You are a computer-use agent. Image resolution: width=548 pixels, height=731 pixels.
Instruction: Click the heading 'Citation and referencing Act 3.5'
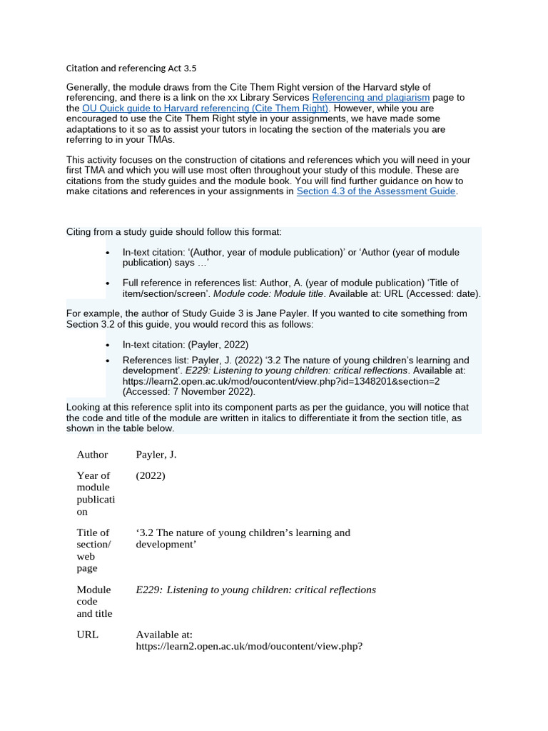(131, 69)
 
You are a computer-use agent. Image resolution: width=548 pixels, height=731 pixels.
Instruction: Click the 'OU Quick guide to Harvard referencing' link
(205, 108)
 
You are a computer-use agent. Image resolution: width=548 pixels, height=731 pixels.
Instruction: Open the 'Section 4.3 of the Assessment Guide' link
(375, 191)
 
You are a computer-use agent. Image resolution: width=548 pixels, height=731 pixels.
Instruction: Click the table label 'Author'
(92, 455)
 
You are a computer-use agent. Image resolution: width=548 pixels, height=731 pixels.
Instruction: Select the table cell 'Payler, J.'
(156, 455)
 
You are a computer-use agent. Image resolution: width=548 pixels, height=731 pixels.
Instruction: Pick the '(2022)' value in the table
(150, 475)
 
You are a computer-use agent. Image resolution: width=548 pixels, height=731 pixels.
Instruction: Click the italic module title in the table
(255, 590)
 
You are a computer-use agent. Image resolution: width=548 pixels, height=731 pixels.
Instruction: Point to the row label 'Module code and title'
(94, 601)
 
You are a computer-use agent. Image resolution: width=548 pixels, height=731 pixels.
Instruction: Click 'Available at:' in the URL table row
(163, 634)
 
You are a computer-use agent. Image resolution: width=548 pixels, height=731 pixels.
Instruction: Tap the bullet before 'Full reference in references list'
(107, 283)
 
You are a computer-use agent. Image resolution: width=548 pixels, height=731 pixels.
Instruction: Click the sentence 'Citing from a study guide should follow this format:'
(174, 233)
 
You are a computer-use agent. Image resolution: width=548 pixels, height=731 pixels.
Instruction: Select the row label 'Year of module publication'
(95, 493)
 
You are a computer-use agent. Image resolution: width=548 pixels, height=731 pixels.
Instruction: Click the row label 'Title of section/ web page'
(93, 550)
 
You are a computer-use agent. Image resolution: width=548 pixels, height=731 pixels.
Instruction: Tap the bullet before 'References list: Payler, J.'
(107, 361)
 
